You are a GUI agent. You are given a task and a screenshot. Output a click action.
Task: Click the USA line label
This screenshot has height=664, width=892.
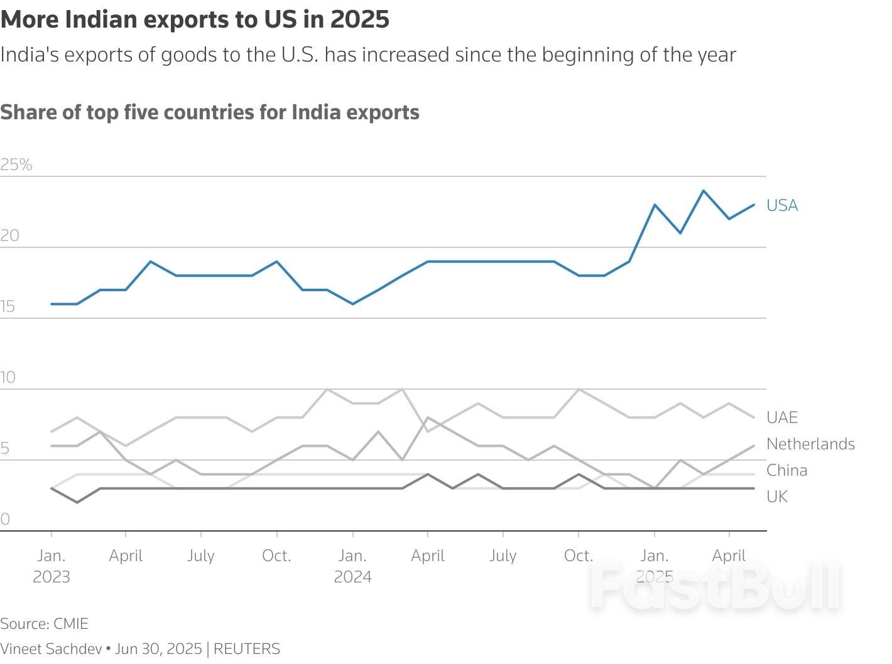click(x=782, y=205)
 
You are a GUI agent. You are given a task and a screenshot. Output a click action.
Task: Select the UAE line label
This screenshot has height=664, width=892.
click(x=782, y=417)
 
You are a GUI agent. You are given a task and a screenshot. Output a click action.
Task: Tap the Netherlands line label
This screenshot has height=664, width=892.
click(x=810, y=444)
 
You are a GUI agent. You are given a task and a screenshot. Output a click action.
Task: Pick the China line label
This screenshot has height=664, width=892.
click(x=786, y=470)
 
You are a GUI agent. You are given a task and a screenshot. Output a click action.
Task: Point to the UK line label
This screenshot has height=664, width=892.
click(x=777, y=496)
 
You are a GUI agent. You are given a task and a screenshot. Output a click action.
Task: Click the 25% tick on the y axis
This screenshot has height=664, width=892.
click(x=16, y=164)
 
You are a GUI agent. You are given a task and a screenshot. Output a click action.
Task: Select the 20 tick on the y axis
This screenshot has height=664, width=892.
click(x=10, y=235)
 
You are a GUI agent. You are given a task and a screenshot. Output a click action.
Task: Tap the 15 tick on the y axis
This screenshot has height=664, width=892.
click(x=8, y=306)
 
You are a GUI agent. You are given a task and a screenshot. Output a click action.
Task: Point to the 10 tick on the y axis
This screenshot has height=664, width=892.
click(x=8, y=377)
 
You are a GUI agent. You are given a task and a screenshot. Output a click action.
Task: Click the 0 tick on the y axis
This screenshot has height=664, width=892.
click(x=5, y=519)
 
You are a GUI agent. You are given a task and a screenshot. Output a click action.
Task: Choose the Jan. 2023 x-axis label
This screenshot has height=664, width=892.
click(x=52, y=566)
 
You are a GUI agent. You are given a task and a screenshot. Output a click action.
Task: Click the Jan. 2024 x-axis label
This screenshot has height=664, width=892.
click(x=352, y=566)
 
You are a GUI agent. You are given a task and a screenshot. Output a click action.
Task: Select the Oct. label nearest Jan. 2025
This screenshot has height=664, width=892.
click(x=578, y=556)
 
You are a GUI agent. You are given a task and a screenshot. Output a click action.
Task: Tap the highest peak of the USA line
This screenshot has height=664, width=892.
click(x=704, y=190)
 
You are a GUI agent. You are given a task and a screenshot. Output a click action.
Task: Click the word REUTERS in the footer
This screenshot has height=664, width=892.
click(x=247, y=649)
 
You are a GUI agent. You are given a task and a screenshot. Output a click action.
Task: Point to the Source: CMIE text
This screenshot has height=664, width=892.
click(x=44, y=624)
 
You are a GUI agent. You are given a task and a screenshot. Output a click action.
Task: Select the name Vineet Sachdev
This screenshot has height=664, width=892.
click(x=51, y=649)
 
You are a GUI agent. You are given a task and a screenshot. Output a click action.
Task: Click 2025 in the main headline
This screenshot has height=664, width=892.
click(x=360, y=19)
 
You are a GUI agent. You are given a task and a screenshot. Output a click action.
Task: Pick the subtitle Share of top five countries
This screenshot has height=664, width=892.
click(x=210, y=112)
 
